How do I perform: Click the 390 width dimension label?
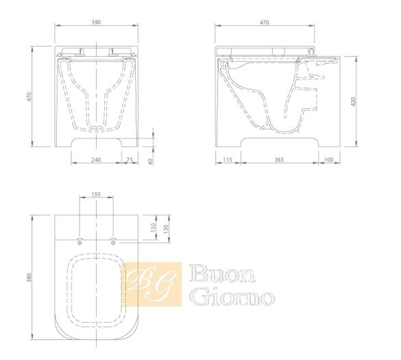(x=96, y=22)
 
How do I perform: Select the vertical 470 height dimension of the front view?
(x=29, y=97)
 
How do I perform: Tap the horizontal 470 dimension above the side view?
(x=265, y=23)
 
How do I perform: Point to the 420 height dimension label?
(x=354, y=102)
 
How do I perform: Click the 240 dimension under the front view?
(x=96, y=160)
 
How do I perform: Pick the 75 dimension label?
(x=130, y=160)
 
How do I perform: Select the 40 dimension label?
(x=150, y=162)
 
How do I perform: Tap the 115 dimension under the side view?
(x=228, y=160)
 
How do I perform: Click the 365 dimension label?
(x=279, y=160)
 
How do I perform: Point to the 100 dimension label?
(x=328, y=160)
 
